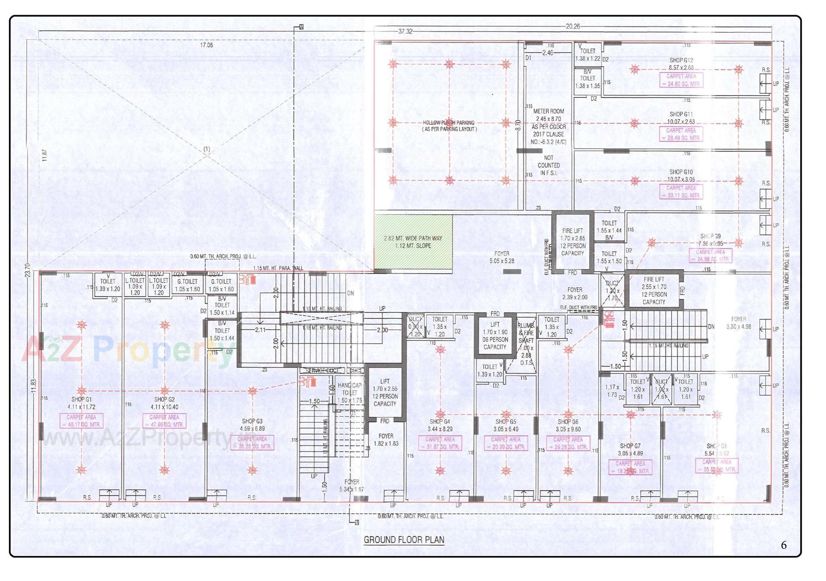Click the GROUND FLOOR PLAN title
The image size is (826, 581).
point(404,540)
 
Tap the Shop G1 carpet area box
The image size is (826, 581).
point(81,421)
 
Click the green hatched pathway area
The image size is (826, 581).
point(413,242)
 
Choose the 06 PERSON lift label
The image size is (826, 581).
point(495,340)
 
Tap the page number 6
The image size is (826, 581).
point(783,545)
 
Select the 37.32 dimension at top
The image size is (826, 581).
point(405,31)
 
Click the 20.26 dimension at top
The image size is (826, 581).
point(573,26)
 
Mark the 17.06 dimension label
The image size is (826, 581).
point(206,45)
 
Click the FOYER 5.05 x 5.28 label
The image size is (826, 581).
point(502,257)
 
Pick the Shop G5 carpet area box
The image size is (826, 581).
point(505,443)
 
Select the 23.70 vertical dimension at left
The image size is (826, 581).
point(28,270)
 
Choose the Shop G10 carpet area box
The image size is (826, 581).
point(681,192)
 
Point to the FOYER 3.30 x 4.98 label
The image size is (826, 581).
point(738,323)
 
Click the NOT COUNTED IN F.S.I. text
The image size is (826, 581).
point(549,165)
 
